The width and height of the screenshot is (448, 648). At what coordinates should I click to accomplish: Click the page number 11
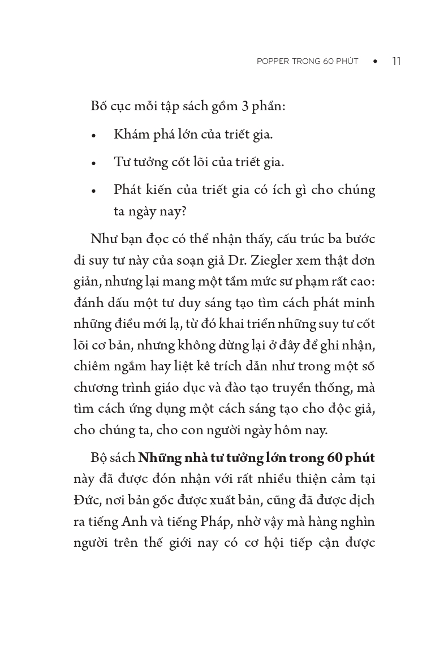[396, 61]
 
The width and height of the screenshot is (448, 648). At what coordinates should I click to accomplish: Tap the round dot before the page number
[374, 61]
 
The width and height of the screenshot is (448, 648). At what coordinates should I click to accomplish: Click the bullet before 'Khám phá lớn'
[94, 136]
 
